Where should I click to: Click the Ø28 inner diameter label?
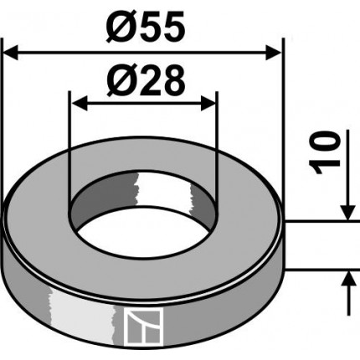click(143, 81)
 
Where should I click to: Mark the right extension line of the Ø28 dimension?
click(217, 142)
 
